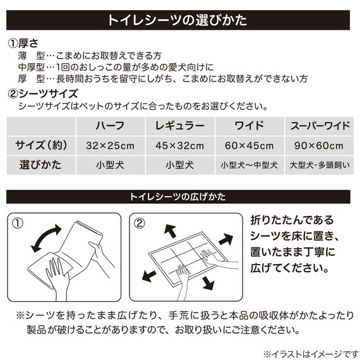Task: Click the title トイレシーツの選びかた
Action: coord(180,20)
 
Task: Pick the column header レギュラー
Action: coord(179,124)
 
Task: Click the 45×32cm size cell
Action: coord(179,146)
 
